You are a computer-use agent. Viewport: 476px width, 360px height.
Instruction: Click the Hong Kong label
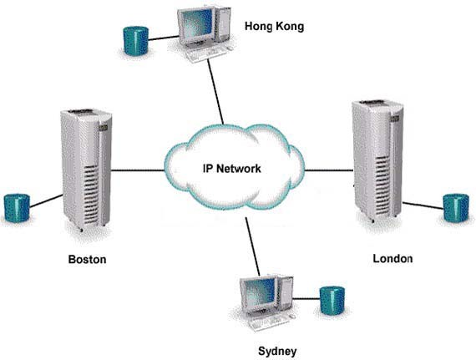click(x=274, y=27)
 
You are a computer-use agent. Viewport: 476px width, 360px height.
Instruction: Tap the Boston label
click(x=87, y=259)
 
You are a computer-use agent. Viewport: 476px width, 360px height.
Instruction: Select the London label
click(x=392, y=259)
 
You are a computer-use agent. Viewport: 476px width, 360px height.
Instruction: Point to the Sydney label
click(x=277, y=351)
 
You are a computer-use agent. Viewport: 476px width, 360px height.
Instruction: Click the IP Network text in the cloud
click(x=231, y=168)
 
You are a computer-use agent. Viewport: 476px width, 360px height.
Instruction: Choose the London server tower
click(x=377, y=161)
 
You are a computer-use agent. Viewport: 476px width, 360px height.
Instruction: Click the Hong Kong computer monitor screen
click(x=197, y=23)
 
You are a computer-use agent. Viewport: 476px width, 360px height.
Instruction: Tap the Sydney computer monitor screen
click(x=261, y=294)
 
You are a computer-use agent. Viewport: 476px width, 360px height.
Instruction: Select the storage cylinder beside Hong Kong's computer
click(x=135, y=41)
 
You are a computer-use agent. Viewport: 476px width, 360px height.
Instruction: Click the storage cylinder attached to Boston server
click(x=17, y=208)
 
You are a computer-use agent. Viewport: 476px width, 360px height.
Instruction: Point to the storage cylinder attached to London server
click(x=456, y=208)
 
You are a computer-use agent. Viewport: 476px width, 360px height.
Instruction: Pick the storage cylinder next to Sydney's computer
click(x=332, y=301)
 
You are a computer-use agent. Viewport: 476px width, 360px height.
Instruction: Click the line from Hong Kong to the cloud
click(x=215, y=91)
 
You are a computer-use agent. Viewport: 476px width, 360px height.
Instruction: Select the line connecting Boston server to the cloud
click(x=138, y=170)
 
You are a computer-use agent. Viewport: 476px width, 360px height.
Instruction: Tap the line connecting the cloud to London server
click(x=328, y=170)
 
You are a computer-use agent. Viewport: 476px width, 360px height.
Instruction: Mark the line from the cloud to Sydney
click(x=252, y=246)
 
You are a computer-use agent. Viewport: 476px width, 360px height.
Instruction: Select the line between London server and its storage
click(x=423, y=205)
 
